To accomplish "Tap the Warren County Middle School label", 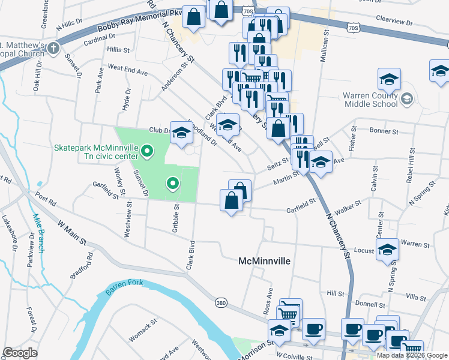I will click(x=370, y=99).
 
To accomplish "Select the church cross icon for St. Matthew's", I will click(x=53, y=48).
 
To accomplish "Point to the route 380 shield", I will click(x=221, y=303).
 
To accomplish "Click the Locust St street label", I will click(x=364, y=250).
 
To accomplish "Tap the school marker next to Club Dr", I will click(x=181, y=134).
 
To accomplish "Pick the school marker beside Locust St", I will click(x=388, y=249).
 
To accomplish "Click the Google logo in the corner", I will click(x=20, y=353).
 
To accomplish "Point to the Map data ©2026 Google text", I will click(x=411, y=355).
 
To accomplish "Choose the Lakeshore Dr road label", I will click(x=9, y=232).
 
